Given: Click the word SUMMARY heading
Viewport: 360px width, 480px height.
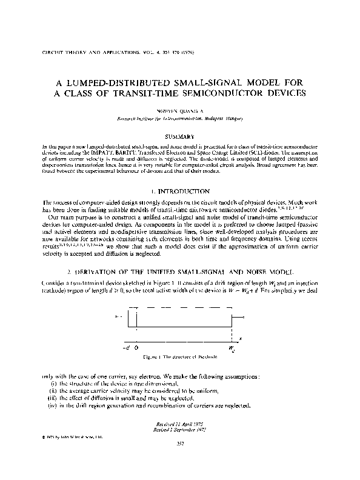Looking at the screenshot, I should tap(180, 138).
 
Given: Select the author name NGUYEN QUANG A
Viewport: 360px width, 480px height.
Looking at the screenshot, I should tap(180, 111).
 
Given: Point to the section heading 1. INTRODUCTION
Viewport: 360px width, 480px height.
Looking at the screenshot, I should tap(180, 191).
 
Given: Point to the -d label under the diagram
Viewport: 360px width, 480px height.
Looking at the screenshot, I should tap(126, 348).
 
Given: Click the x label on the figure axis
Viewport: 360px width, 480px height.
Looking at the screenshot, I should tap(241, 338).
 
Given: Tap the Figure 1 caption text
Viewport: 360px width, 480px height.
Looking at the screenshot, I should tap(180, 358).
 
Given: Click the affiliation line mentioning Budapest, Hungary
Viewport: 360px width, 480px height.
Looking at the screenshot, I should tap(180, 119).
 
